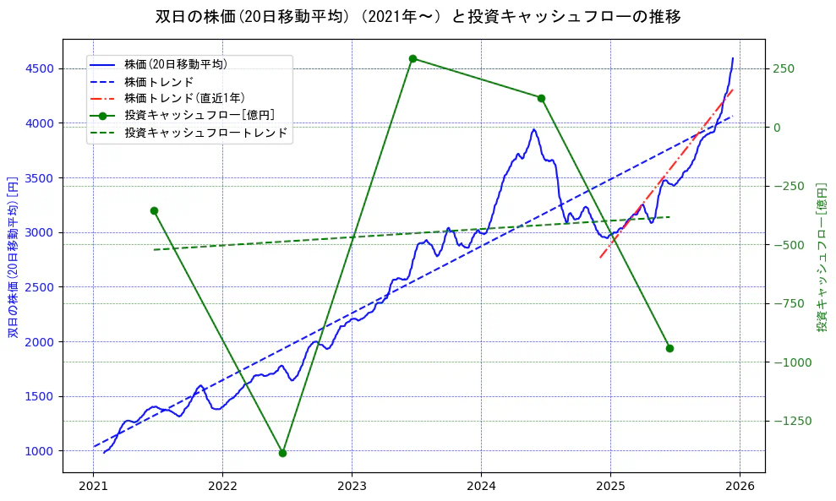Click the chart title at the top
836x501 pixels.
(x=418, y=16)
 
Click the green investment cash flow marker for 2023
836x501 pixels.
(x=413, y=59)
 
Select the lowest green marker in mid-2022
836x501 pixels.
(x=282, y=453)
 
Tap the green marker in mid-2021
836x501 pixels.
(x=154, y=210)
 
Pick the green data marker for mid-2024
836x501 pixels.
(x=541, y=98)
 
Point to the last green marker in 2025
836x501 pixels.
(x=669, y=348)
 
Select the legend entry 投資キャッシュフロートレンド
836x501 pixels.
(x=205, y=133)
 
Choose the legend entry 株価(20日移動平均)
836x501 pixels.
(x=175, y=64)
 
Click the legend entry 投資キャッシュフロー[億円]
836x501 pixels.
(x=199, y=115)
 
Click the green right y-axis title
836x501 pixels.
(x=822, y=256)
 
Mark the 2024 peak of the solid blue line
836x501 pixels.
(x=533, y=130)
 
